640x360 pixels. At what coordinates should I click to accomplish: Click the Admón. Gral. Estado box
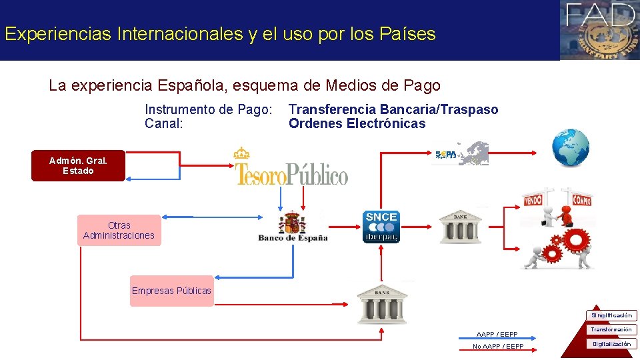pos(78,165)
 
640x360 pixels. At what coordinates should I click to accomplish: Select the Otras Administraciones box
pos(119,230)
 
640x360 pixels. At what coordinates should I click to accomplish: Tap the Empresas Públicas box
pos(171,291)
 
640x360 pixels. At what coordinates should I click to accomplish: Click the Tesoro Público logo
pos(291,167)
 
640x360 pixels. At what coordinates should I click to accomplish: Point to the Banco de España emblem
pos(293,227)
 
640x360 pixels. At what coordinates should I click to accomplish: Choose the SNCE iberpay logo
pos(381,227)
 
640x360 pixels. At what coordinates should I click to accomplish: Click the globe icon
pos(571,148)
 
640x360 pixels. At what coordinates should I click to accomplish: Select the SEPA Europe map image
pos(462,153)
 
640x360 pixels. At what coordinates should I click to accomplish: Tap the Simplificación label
pos(611,315)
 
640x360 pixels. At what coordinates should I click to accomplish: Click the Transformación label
pos(611,329)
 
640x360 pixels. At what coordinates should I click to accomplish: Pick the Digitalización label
pos(611,344)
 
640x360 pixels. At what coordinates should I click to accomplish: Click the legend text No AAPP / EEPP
pos(498,347)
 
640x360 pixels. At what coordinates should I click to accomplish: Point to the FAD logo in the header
pos(599,29)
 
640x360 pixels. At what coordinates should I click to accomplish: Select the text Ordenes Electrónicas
pos(357,123)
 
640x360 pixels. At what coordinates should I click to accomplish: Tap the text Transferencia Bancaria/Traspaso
pos(393,109)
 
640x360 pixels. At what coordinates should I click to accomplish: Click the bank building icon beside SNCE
pos(460,227)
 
